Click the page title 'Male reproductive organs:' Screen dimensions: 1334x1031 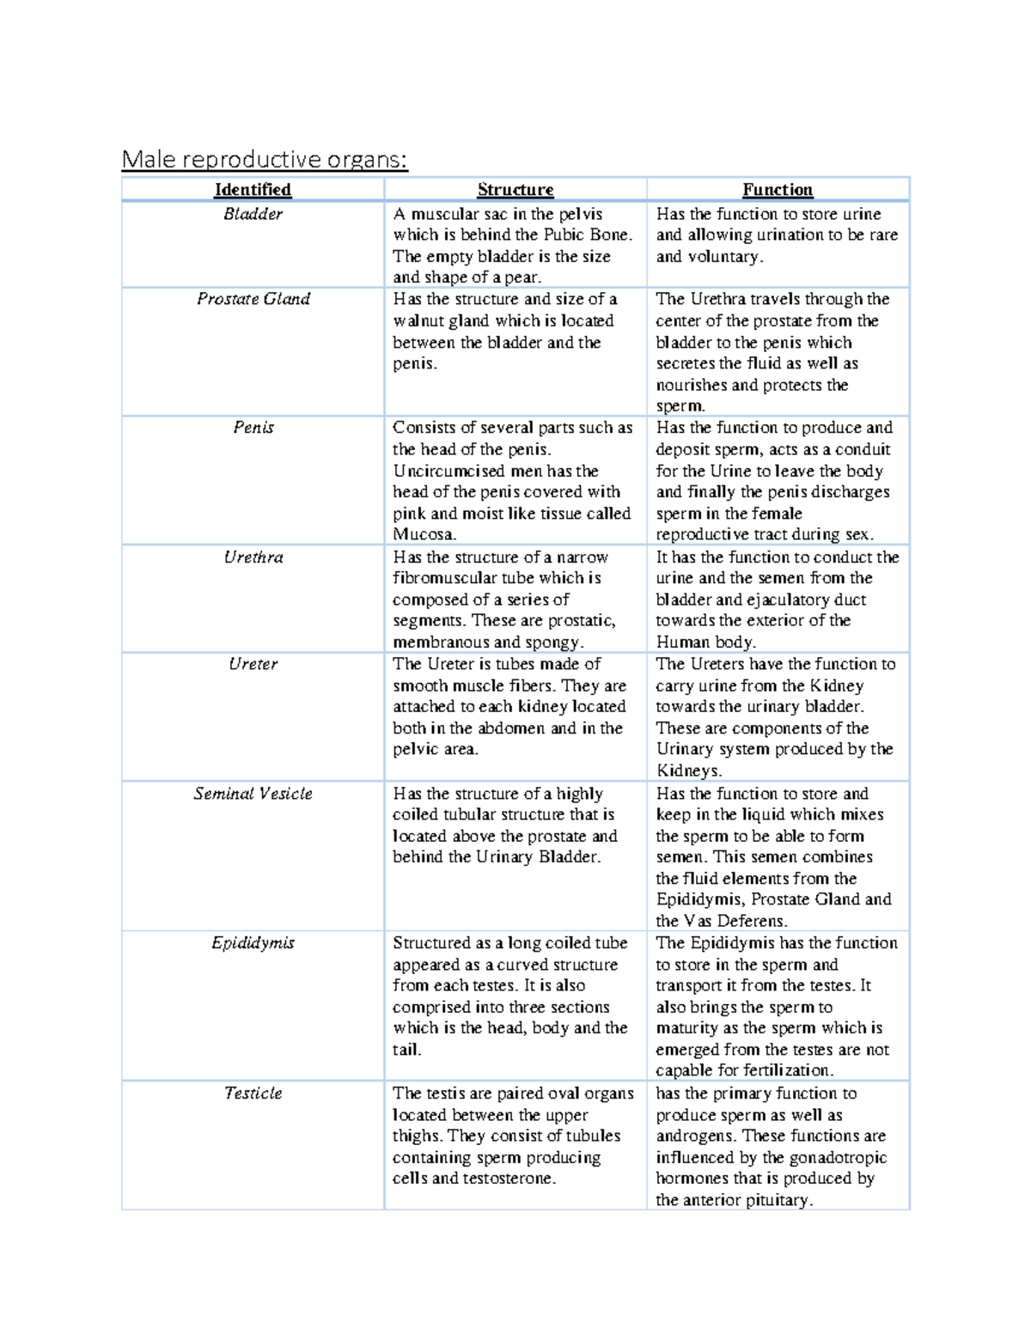point(265,160)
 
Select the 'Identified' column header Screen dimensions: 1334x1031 point(253,190)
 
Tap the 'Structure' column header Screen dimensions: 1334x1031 point(515,190)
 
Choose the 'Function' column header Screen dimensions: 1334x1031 point(778,190)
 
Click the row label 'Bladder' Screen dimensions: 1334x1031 point(253,214)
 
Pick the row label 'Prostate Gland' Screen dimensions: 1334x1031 point(253,299)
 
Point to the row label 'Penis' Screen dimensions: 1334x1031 point(253,428)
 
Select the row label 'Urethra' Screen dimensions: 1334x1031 point(253,557)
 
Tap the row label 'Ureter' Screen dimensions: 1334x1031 point(253,664)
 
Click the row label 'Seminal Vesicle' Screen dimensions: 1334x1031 point(253,794)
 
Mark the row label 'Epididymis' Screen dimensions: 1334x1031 point(253,943)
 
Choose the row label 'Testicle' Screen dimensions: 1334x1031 point(253,1093)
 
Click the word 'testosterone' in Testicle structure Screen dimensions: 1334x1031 point(509,1179)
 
